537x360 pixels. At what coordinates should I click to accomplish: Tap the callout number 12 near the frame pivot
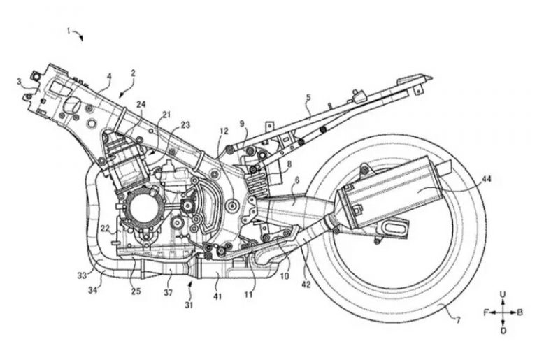(x=224, y=131)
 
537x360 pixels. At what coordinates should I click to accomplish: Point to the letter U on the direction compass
(x=503, y=296)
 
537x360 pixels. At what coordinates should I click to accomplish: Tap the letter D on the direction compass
(x=503, y=329)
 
